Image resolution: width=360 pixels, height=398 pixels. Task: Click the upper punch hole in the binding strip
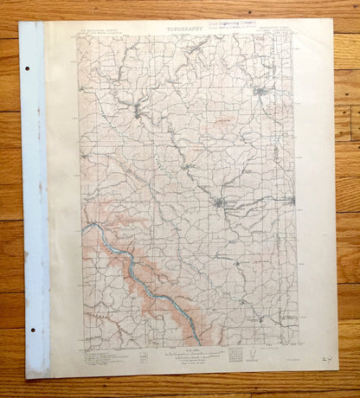point(27,68)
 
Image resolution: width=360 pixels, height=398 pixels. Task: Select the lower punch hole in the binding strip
point(29,331)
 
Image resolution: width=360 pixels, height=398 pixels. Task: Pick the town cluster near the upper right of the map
point(260,90)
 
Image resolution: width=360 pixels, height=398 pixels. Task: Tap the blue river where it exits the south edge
point(200,342)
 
